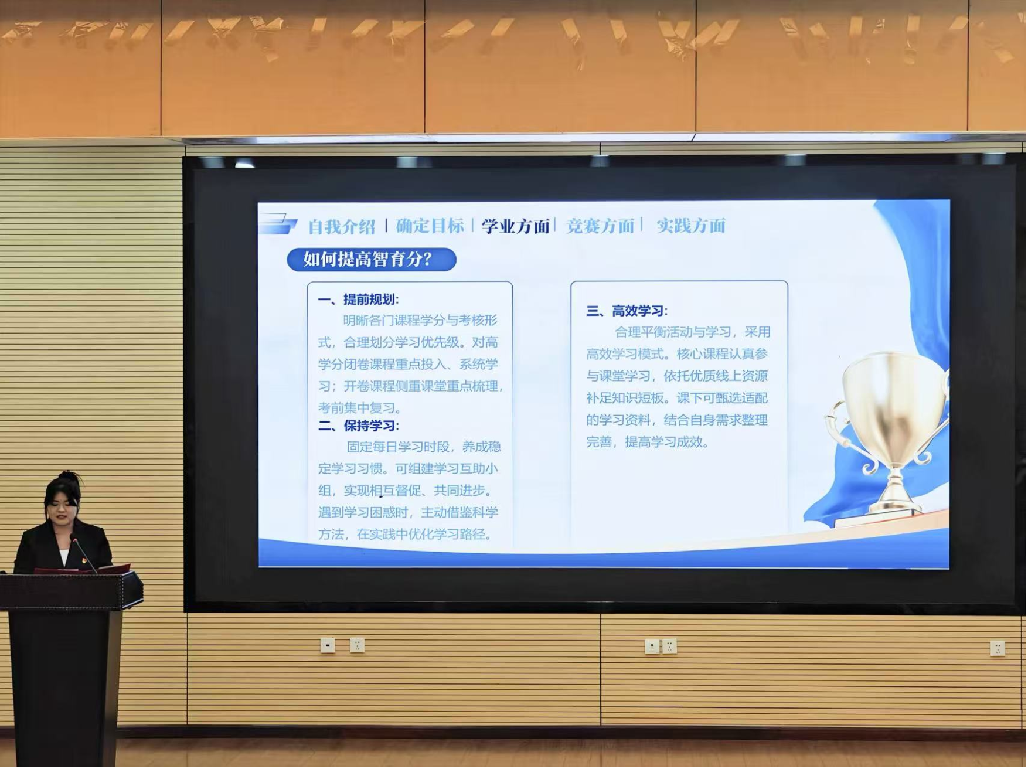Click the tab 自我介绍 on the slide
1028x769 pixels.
(342, 227)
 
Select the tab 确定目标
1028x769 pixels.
(430, 226)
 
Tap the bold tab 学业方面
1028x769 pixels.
(516, 226)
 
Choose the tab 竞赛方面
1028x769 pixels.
(600, 226)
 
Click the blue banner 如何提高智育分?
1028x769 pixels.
(372, 259)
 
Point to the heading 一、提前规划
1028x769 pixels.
(358, 300)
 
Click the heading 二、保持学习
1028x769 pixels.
(358, 426)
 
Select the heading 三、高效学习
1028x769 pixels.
(627, 311)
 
